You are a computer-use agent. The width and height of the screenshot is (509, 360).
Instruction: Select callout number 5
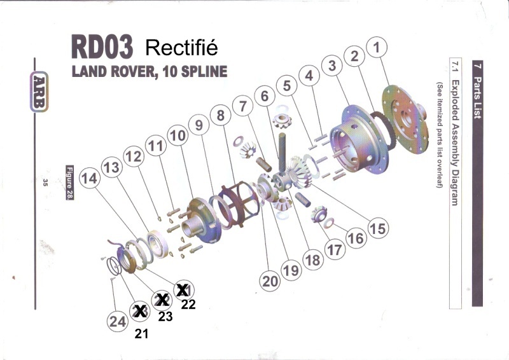pyautogui.click(x=287, y=85)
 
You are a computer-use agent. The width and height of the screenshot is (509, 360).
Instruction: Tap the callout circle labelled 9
pyautogui.click(x=199, y=125)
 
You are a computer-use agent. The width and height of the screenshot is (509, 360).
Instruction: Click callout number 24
pyautogui.click(x=117, y=321)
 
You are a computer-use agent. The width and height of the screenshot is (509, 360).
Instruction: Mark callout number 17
pyautogui.click(x=333, y=250)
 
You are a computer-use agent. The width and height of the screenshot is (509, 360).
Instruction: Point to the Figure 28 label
pyautogui.click(x=70, y=183)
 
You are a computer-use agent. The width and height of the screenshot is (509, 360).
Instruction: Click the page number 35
pyautogui.click(x=46, y=183)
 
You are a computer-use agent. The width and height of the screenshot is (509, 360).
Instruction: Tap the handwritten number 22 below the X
pyautogui.click(x=188, y=304)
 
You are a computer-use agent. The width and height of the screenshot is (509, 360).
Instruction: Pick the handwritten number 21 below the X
pyautogui.click(x=141, y=333)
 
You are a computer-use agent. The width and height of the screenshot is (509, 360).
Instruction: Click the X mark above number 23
pyautogui.click(x=162, y=300)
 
